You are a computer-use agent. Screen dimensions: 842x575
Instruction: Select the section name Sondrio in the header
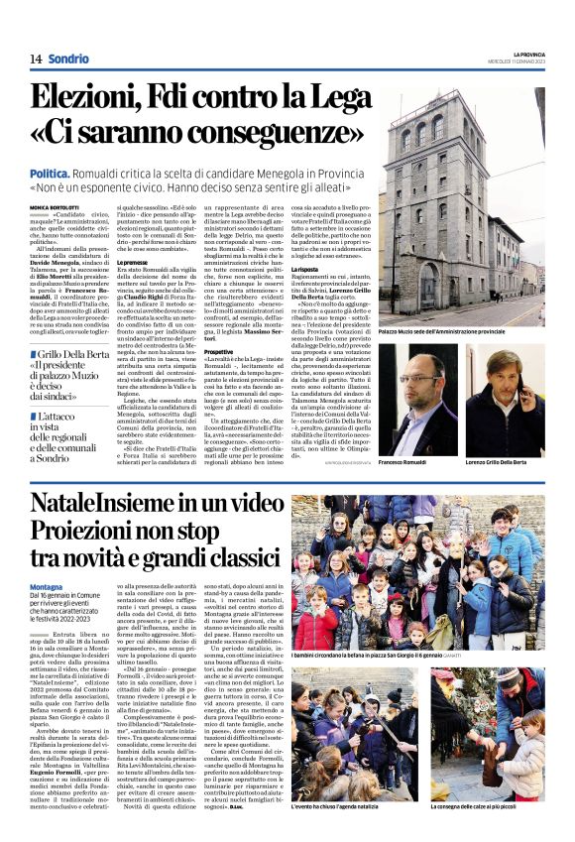tap(68, 60)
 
